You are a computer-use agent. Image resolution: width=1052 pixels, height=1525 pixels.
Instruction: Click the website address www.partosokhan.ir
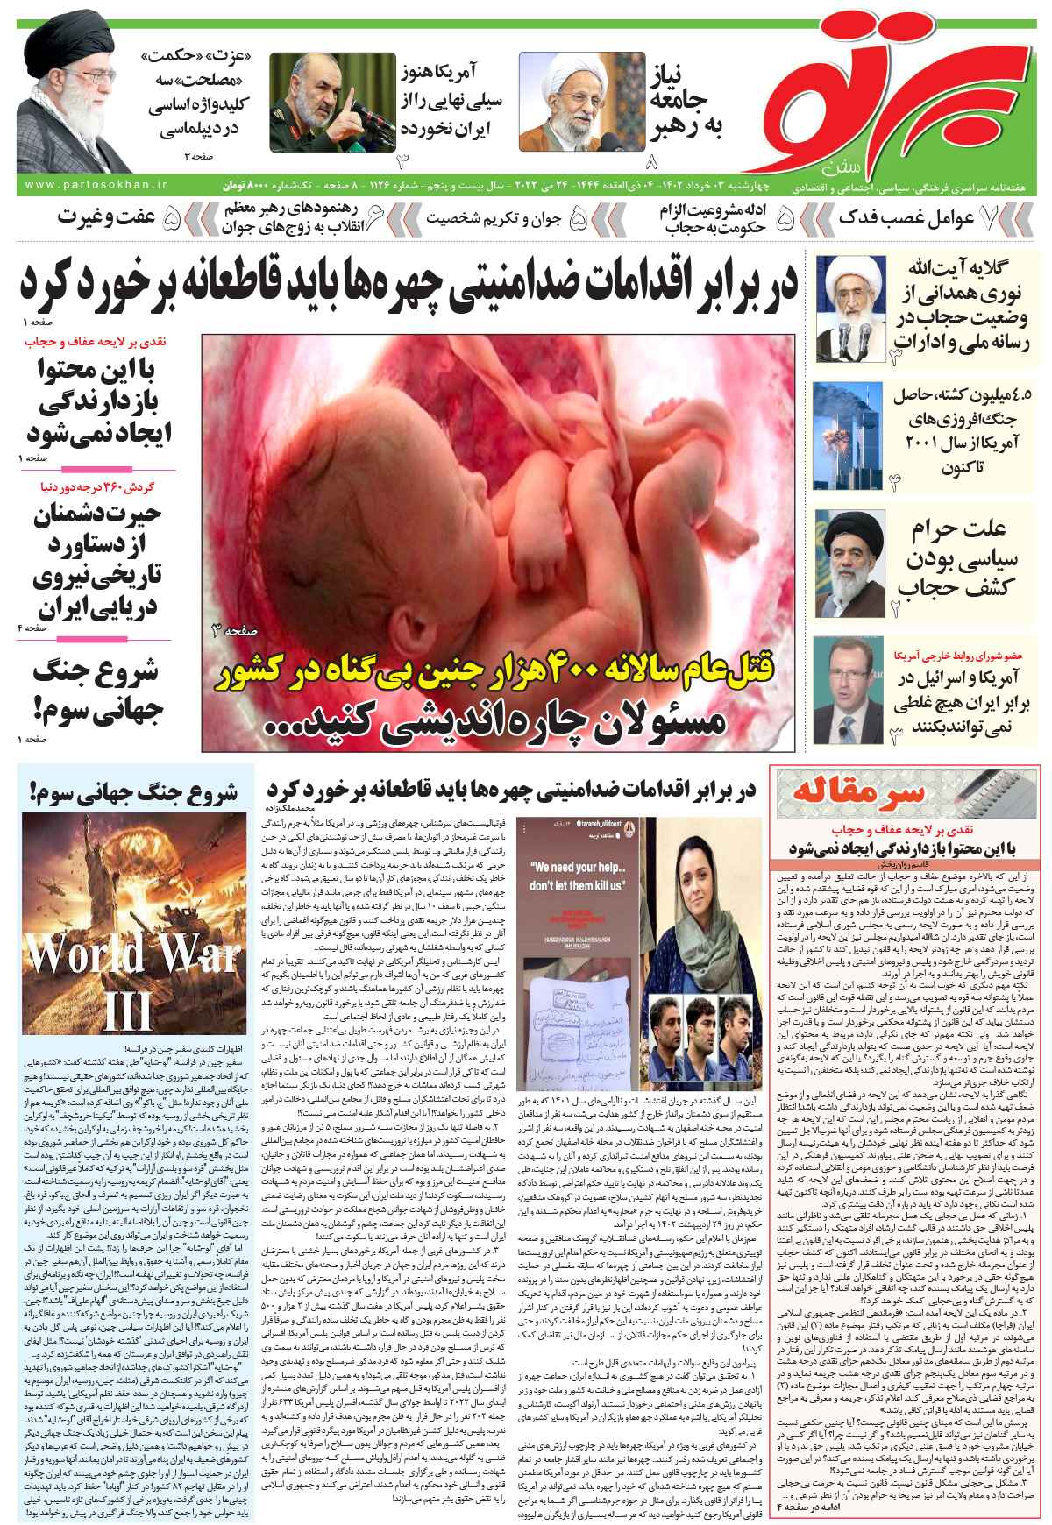[x=96, y=186]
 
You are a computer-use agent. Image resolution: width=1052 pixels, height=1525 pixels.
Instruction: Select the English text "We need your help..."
[x=579, y=867]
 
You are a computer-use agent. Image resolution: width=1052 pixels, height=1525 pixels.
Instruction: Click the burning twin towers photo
[x=847, y=436]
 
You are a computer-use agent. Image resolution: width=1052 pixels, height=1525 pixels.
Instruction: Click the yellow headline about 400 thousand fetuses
[x=496, y=669]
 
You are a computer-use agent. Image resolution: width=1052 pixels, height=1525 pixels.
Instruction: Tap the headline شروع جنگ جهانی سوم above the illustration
[x=133, y=793]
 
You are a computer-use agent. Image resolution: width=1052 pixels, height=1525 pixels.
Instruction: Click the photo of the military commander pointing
[x=331, y=103]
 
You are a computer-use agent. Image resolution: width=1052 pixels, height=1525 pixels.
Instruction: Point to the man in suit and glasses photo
[x=847, y=690]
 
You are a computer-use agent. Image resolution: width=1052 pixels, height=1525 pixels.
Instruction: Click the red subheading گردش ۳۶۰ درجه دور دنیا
[x=97, y=486]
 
